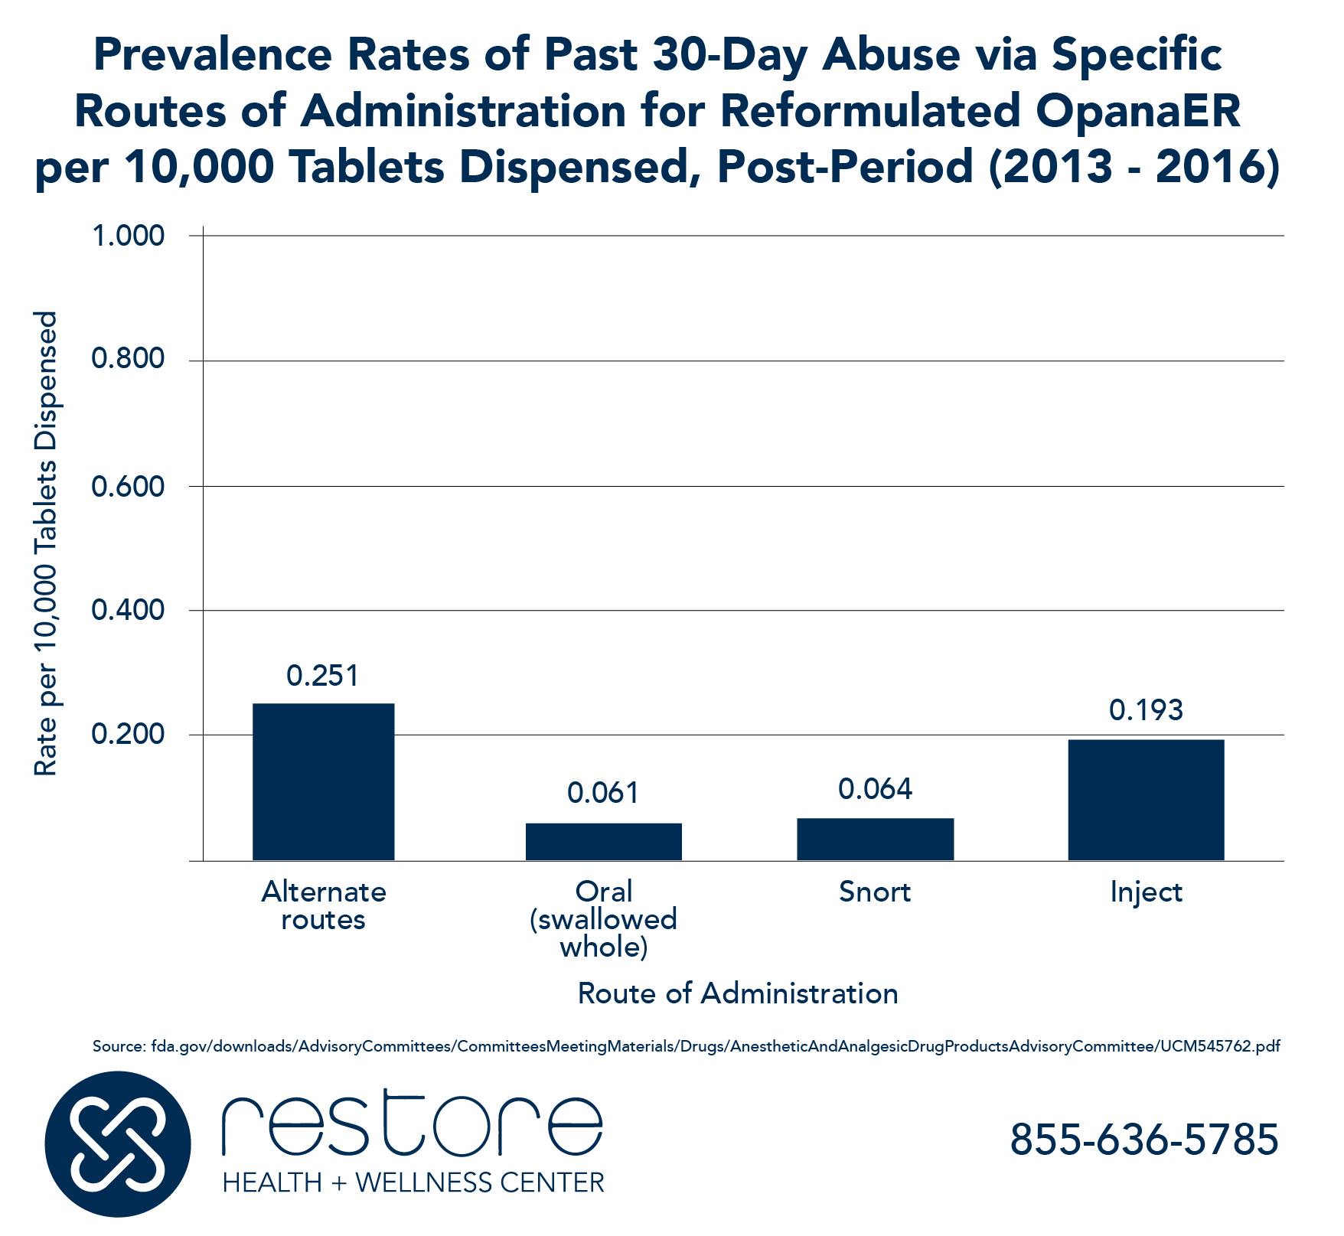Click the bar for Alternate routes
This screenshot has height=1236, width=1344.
click(x=323, y=781)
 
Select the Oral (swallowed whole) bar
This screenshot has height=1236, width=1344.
click(x=603, y=841)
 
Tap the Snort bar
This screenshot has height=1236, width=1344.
click(x=875, y=839)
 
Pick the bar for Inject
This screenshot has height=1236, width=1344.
click(x=1146, y=799)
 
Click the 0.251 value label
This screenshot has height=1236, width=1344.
click(x=322, y=676)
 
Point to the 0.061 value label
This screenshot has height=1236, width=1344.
click(x=603, y=793)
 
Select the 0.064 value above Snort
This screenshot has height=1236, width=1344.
click(x=875, y=789)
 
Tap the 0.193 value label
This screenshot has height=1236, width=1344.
click(x=1146, y=710)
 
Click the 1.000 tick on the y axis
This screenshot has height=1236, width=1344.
click(x=128, y=236)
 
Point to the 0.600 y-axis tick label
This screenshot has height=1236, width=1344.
click(x=128, y=486)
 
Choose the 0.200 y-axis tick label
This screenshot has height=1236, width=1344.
click(x=128, y=735)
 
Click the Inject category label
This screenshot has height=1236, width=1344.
click(x=1146, y=892)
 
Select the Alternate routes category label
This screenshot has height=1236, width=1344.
click(x=323, y=905)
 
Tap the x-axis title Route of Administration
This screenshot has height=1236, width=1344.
click(x=737, y=993)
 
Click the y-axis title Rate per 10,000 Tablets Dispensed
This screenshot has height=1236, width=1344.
click(x=46, y=543)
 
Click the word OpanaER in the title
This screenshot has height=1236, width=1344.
click(x=1138, y=110)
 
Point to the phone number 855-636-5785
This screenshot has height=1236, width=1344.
click(x=1143, y=1139)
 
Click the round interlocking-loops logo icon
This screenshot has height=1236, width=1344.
click(x=117, y=1144)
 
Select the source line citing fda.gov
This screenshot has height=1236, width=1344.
click(x=686, y=1046)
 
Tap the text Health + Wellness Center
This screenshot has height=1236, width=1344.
click(x=413, y=1182)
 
